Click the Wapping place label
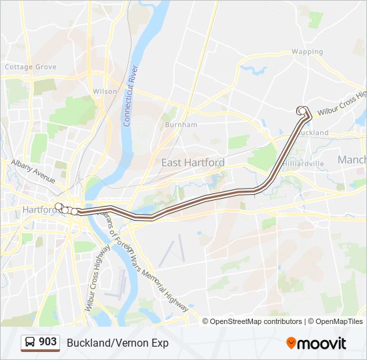pyautogui.click(x=307, y=51)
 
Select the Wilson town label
pyautogui.click(x=105, y=91)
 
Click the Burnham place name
pyautogui.click(x=181, y=125)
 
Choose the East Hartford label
pyautogui.click(x=193, y=163)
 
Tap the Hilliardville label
pyautogui.click(x=303, y=163)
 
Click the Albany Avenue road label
pyautogui.click(x=33, y=170)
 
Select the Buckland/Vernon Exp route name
pyautogui.click(x=117, y=343)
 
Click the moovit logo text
pyautogui.click(x=322, y=343)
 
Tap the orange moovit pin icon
pyautogui.click(x=291, y=343)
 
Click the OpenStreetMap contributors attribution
pyautogui.click(x=256, y=321)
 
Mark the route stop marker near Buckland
pyautogui.click(x=302, y=111)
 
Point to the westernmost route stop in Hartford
pyautogui.click(x=59, y=207)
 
